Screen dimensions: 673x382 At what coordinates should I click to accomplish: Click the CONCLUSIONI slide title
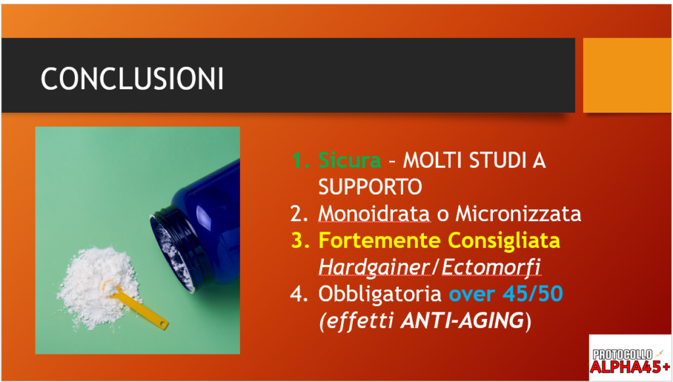tap(132, 79)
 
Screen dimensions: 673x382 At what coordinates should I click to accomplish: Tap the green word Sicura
tap(350, 160)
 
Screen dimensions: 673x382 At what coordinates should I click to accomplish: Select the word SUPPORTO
tap(370, 186)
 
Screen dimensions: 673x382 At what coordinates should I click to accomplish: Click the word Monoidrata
tap(374, 213)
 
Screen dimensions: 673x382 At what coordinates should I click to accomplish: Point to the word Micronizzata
tap(519, 213)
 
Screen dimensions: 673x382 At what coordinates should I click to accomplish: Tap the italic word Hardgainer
tap(374, 268)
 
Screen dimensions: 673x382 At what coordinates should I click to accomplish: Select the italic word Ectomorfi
tap(491, 266)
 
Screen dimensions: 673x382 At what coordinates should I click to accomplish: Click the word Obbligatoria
tap(380, 294)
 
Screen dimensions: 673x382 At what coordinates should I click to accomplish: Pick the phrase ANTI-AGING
tap(462, 320)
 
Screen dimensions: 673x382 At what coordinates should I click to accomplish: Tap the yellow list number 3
tap(300, 240)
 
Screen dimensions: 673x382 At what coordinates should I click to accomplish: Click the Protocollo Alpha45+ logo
tap(630, 358)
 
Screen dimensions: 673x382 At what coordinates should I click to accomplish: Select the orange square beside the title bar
tap(627, 75)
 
